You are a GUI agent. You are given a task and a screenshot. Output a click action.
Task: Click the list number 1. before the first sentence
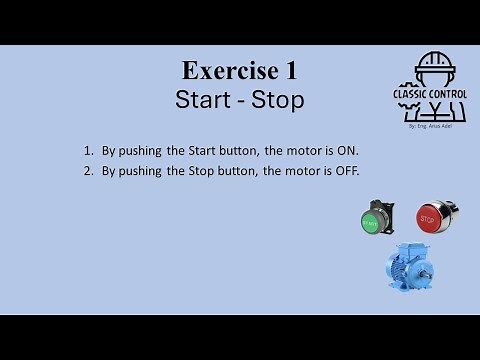89,151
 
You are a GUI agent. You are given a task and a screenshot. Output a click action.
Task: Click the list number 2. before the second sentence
89,171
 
